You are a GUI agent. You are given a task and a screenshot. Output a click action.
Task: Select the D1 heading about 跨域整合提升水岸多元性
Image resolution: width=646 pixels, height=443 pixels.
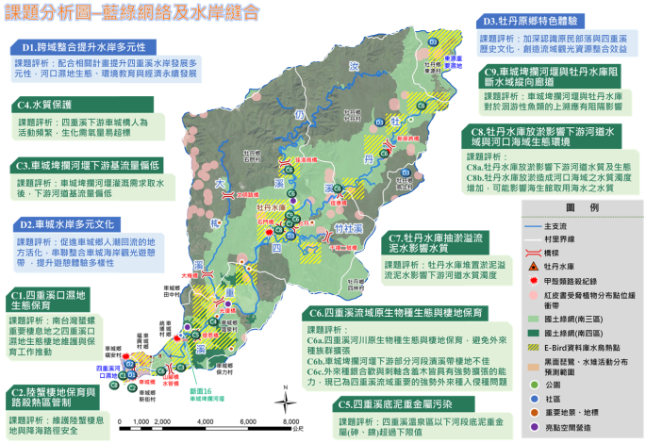click(89, 45)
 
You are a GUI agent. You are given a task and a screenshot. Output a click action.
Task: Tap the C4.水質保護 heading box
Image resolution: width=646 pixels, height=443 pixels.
click(41, 105)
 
